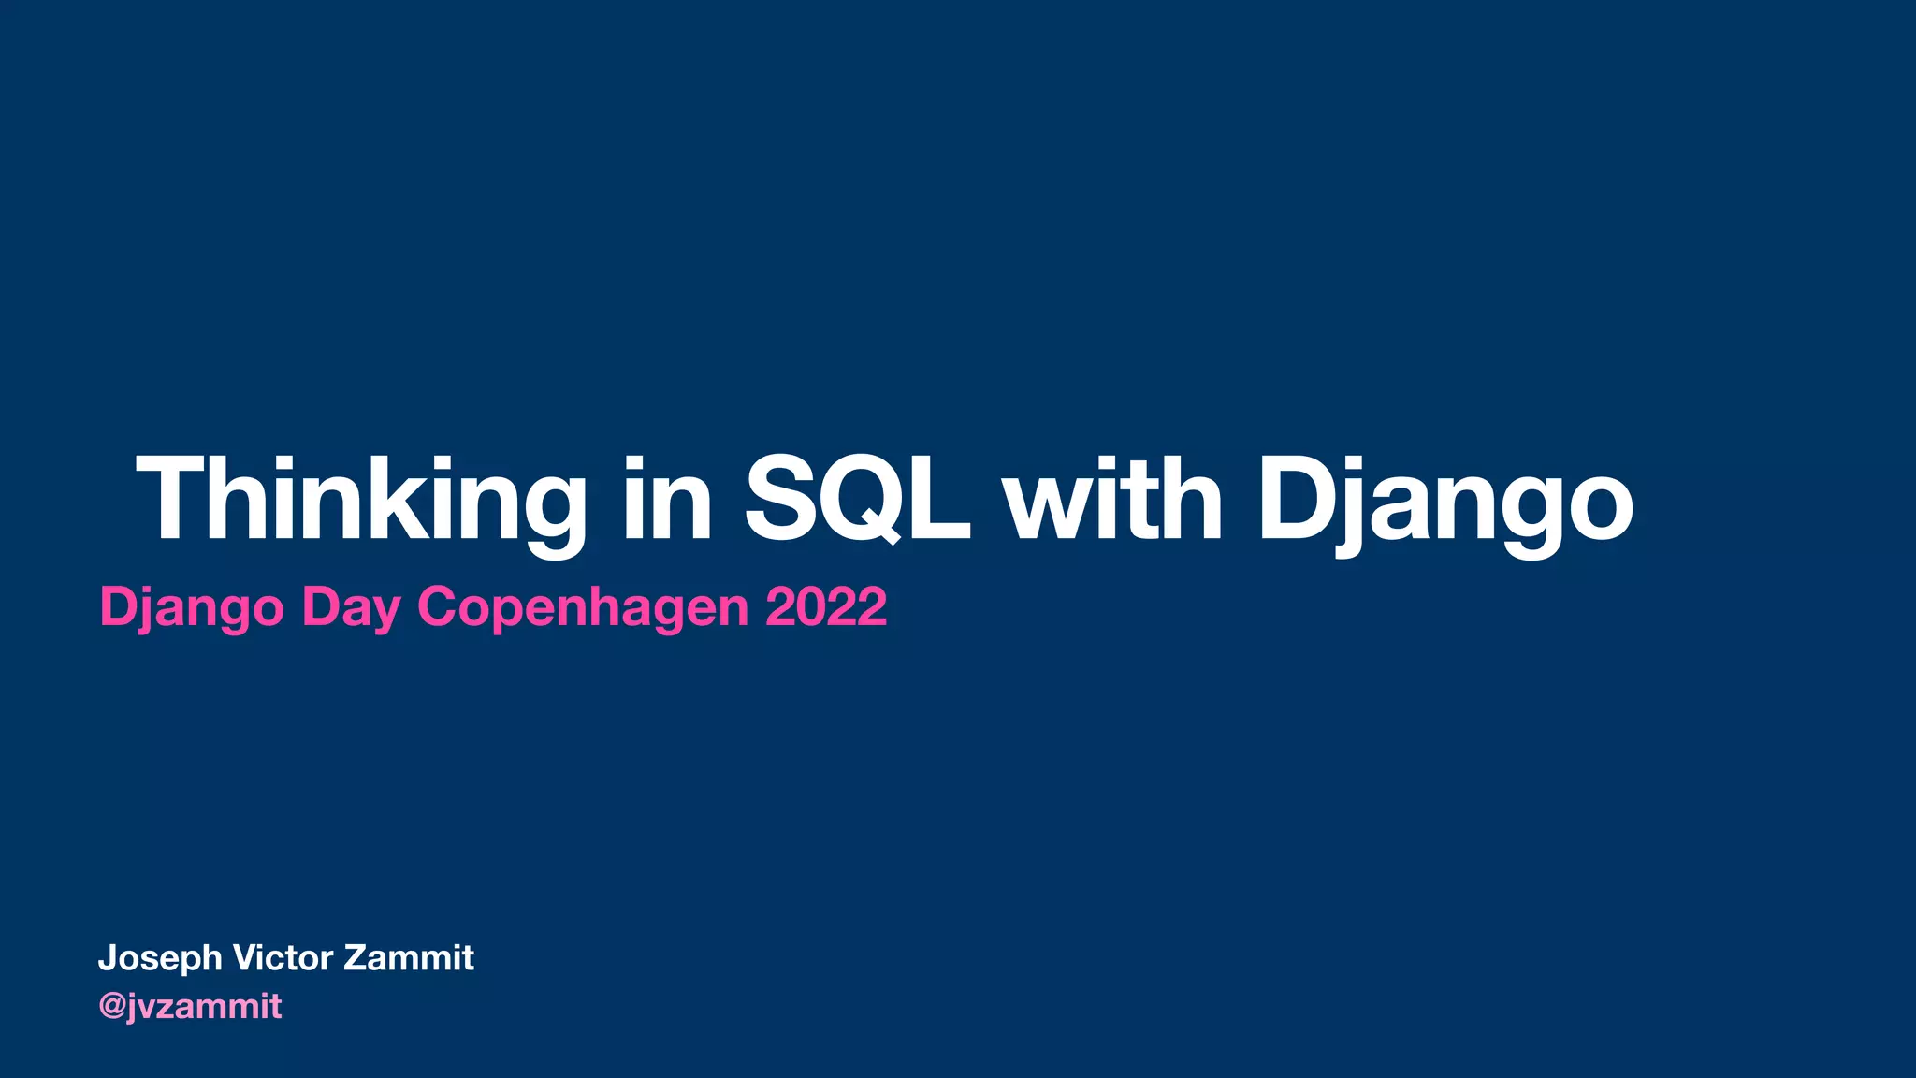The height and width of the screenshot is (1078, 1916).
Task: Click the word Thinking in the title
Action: click(x=361, y=501)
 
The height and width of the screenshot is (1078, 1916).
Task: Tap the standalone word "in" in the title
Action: click(x=668, y=501)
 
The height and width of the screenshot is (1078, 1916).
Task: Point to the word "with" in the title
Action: click(x=1113, y=501)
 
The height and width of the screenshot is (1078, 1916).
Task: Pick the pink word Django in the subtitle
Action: click(x=192, y=608)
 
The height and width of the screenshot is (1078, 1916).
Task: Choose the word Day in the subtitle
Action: click(x=351, y=608)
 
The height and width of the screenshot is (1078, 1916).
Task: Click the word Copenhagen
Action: click(x=583, y=608)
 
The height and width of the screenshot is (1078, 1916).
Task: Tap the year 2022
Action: click(x=826, y=606)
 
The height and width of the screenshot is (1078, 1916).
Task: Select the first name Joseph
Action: click(x=160, y=959)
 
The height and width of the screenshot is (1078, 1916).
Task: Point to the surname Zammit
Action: click(x=409, y=957)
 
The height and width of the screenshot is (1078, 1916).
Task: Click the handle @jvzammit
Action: click(x=190, y=1007)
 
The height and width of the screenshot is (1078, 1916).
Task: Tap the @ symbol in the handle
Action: click(x=112, y=1007)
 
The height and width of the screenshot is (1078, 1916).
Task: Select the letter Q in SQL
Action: click(x=862, y=500)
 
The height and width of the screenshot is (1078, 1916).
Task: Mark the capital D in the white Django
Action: click(x=1296, y=498)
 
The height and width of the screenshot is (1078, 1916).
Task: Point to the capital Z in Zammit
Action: click(x=356, y=957)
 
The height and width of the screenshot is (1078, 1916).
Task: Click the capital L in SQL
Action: click(x=939, y=498)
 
